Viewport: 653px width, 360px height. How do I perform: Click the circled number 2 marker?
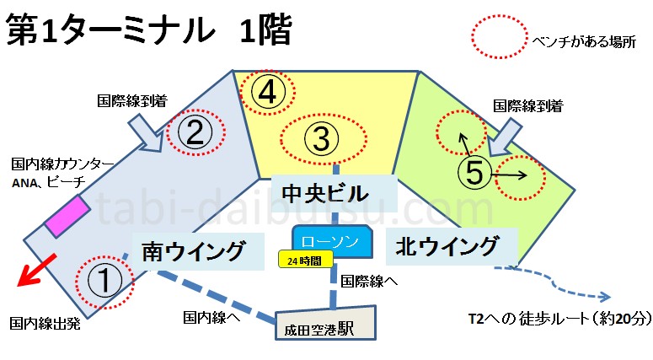click(x=195, y=133)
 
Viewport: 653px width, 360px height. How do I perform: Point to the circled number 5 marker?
click(x=474, y=173)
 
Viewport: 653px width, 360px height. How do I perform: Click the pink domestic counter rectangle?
click(x=67, y=217)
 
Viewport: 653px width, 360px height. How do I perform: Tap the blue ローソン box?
click(x=332, y=240)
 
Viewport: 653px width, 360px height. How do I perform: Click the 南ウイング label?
click(x=192, y=250)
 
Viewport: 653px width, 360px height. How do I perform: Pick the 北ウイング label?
click(x=446, y=248)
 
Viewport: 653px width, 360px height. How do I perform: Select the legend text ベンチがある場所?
click(x=581, y=40)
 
